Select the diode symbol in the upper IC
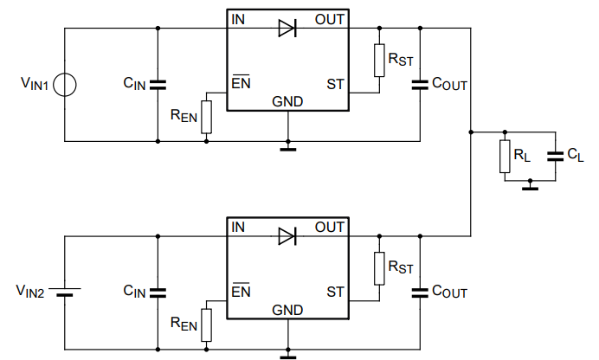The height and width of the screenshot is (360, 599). (287, 28)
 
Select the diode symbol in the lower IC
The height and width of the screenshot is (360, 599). (287, 235)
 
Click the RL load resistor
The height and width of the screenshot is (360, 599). (505, 157)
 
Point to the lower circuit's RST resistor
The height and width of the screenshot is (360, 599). (378, 269)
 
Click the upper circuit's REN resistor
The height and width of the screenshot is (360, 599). (206, 118)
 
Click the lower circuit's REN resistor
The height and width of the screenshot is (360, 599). (206, 325)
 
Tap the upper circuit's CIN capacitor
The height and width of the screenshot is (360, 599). (158, 84)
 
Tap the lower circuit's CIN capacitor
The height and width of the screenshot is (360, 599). (158, 292)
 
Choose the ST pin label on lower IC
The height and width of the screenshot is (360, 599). (335, 292)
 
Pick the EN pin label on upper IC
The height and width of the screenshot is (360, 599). (241, 84)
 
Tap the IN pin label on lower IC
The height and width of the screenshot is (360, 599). (238, 228)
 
